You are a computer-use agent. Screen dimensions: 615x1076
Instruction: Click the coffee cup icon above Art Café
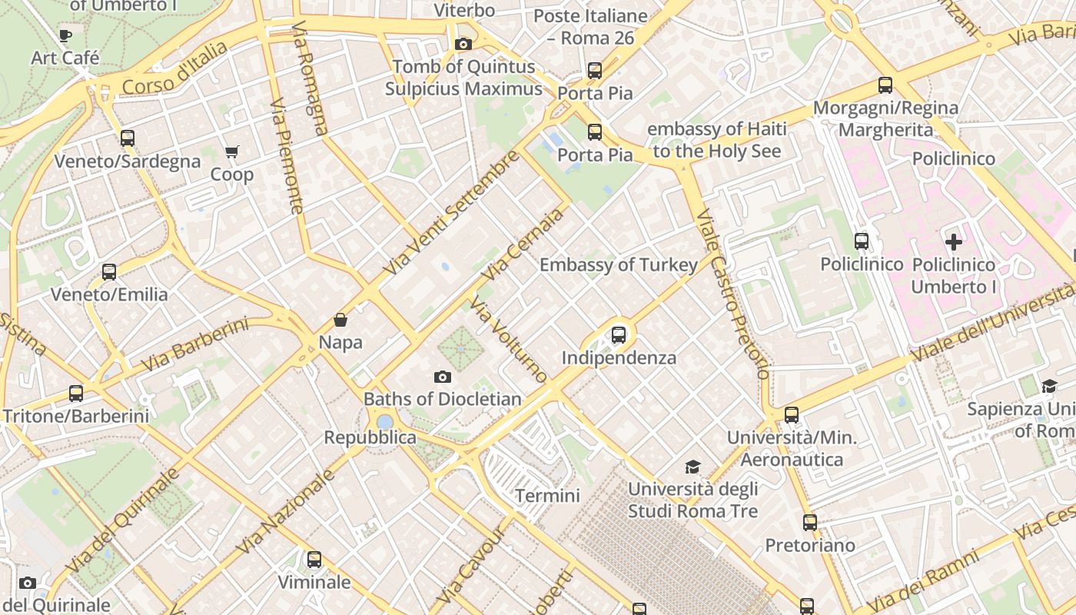point(65,35)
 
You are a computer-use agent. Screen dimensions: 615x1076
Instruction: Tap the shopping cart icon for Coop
point(232,151)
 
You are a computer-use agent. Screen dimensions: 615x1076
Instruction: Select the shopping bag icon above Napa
point(340,319)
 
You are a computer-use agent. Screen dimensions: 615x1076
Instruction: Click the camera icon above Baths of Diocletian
point(442,376)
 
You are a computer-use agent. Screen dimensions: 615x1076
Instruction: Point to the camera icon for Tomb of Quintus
point(463,44)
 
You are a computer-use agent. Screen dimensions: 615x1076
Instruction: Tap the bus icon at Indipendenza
point(619,334)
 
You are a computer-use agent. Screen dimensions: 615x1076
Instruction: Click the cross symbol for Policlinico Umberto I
point(953,242)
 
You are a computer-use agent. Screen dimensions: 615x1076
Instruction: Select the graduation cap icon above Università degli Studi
point(692,467)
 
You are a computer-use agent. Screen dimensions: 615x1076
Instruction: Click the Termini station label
point(547,496)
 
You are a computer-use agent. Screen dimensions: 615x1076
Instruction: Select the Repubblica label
point(370,437)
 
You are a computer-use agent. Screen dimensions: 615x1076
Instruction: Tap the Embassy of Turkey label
point(619,265)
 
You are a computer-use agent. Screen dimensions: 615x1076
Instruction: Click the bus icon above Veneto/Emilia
point(109,271)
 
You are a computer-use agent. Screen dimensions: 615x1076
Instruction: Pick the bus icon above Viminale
point(314,559)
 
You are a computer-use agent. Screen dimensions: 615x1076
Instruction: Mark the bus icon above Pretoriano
point(810,522)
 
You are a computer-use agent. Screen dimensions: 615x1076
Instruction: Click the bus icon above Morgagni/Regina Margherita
point(885,85)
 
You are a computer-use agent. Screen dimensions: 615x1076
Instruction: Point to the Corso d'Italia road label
point(174,69)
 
